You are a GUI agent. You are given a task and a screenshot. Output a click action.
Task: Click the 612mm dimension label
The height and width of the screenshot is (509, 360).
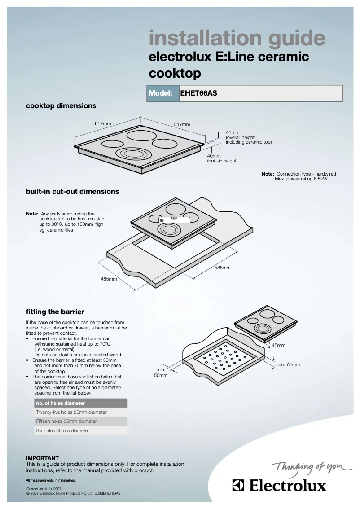(102, 123)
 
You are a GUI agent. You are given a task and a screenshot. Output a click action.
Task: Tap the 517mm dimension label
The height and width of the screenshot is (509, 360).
(182, 124)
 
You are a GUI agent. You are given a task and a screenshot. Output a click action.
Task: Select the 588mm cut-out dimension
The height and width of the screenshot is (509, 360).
(222, 268)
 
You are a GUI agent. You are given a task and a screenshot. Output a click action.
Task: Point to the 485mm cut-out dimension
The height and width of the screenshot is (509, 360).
(109, 279)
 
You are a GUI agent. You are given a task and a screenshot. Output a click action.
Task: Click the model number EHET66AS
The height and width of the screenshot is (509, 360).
(198, 94)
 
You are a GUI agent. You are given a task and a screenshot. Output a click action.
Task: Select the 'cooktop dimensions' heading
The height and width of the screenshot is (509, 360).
(61, 106)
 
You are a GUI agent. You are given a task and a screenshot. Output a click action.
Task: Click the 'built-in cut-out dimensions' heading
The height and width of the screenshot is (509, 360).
(72, 191)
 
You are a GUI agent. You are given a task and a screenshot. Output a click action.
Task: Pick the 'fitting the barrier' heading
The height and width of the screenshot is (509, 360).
(55, 312)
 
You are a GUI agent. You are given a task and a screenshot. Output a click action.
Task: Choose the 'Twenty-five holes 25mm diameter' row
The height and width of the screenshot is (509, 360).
(71, 412)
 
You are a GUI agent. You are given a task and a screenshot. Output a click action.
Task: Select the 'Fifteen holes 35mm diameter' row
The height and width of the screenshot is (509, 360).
(66, 421)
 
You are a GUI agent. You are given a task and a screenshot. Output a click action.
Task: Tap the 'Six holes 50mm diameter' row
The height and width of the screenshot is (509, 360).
(62, 430)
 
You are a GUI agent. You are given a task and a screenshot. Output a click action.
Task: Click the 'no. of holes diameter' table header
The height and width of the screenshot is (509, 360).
(61, 403)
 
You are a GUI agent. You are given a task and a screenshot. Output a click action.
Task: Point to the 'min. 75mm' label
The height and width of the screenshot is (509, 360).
(288, 364)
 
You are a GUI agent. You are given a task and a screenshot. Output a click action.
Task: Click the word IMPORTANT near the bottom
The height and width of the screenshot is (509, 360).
(42, 458)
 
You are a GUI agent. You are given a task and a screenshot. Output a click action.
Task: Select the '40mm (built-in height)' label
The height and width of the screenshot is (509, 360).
(222, 158)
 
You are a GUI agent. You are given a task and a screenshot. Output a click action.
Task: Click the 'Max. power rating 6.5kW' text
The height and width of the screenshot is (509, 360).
(301, 178)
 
